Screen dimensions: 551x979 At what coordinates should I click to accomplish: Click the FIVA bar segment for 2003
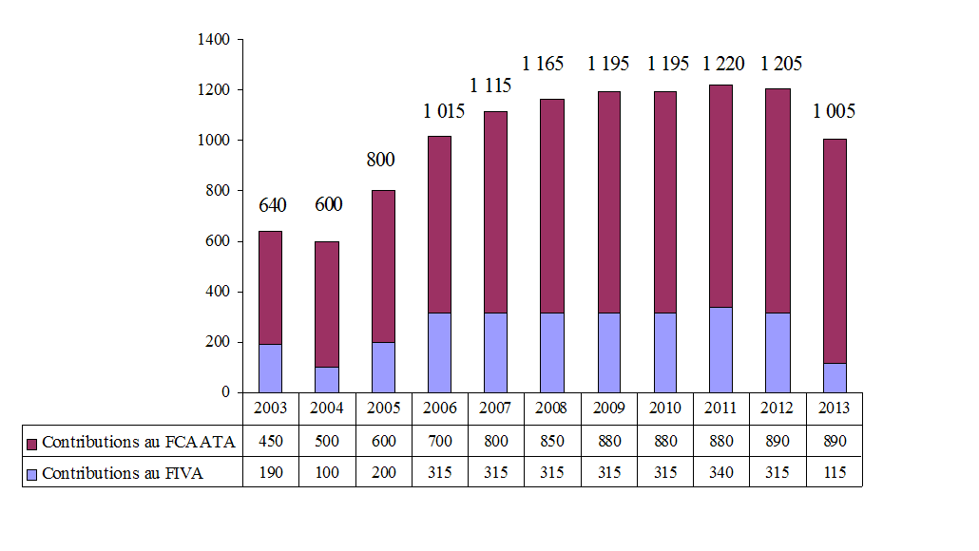(271, 368)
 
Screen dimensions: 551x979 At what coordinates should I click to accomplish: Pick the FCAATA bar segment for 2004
(327, 304)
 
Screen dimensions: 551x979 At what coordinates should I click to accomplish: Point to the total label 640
(271, 204)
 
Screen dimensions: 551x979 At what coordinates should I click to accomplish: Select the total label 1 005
(834, 111)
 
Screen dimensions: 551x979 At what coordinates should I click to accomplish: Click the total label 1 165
(543, 64)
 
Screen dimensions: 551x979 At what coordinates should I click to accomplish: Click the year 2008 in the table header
(552, 408)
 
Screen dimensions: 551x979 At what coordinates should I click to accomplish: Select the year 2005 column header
(384, 408)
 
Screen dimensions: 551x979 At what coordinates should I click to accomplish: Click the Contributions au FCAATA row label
(138, 442)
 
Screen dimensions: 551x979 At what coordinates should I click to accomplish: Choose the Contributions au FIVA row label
(123, 473)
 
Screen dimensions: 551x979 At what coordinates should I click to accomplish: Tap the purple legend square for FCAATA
(32, 443)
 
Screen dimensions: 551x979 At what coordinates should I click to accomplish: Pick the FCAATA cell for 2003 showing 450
(271, 442)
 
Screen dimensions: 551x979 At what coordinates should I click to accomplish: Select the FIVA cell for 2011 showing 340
(721, 473)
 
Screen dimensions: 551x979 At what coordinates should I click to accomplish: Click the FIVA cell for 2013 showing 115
(834, 473)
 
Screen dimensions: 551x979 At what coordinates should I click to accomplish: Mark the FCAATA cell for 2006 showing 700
(440, 442)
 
